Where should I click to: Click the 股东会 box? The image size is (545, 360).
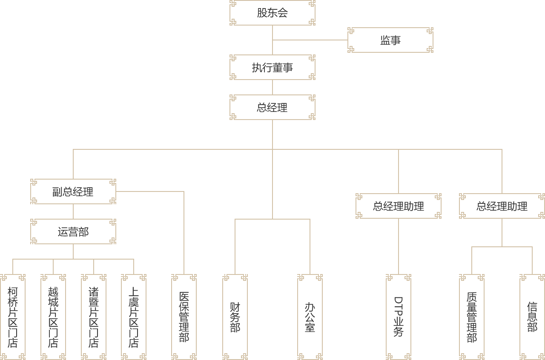tap(272, 13)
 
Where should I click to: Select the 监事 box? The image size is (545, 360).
tap(390, 40)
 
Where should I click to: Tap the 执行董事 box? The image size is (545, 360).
tap(272, 67)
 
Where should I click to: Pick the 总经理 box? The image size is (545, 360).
tap(272, 107)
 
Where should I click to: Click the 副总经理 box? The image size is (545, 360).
tap(73, 191)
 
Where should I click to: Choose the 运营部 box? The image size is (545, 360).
tap(73, 231)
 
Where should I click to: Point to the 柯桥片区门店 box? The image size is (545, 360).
tap(13, 317)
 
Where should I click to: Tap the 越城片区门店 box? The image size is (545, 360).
tap(53, 317)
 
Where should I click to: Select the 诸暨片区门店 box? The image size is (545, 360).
tap(93, 317)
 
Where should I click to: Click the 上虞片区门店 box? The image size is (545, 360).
tap(133, 317)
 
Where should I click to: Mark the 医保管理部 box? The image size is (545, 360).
tap(184, 317)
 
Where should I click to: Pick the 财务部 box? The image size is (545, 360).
tap(235, 317)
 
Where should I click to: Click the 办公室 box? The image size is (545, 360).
tap(310, 317)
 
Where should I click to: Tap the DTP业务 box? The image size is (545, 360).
tap(398, 317)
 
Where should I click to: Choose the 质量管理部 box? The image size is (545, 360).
tap(471, 317)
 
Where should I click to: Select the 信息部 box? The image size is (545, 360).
tap(532, 317)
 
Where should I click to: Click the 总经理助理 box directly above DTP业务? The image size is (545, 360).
tap(398, 206)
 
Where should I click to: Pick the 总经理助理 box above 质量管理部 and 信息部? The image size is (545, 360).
tap(502, 206)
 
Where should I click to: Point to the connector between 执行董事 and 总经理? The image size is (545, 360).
tap(272, 87)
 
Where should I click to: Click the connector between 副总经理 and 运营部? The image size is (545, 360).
tap(73, 211)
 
